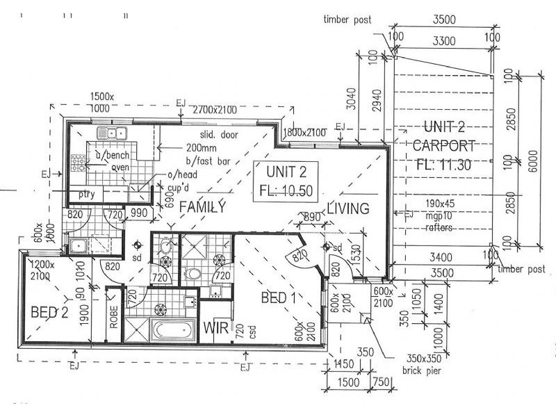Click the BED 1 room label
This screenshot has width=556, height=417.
[279, 298]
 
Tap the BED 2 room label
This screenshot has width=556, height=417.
[49, 312]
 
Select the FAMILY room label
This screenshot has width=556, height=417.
[202, 207]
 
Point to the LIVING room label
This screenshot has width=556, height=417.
[347, 208]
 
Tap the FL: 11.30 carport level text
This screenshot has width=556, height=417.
[443, 165]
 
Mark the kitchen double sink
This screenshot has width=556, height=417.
[111, 132]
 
